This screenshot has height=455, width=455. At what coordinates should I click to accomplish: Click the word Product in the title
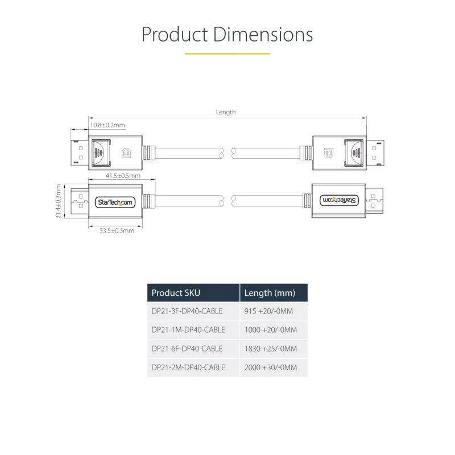click(x=175, y=35)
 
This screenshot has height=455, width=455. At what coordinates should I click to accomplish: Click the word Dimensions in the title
click(x=263, y=35)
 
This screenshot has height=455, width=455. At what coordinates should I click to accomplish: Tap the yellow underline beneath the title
click(x=227, y=53)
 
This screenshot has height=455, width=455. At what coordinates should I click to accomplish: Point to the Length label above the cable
click(x=226, y=112)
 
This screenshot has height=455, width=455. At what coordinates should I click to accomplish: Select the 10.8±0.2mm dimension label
click(x=107, y=125)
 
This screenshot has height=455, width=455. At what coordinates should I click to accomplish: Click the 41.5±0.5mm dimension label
click(x=123, y=176)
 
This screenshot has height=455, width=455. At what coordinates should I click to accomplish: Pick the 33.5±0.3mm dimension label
click(x=117, y=231)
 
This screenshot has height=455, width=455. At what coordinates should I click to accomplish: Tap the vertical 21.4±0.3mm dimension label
click(x=59, y=201)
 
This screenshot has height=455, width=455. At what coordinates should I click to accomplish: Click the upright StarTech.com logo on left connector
click(x=115, y=202)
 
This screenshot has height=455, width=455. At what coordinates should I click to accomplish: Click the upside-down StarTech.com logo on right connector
click(x=339, y=200)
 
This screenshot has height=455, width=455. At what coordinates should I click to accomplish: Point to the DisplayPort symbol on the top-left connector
click(x=126, y=153)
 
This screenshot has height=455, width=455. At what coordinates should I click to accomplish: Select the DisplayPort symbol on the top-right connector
click(x=329, y=152)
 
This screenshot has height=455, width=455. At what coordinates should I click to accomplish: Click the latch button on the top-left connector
click(x=101, y=152)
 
